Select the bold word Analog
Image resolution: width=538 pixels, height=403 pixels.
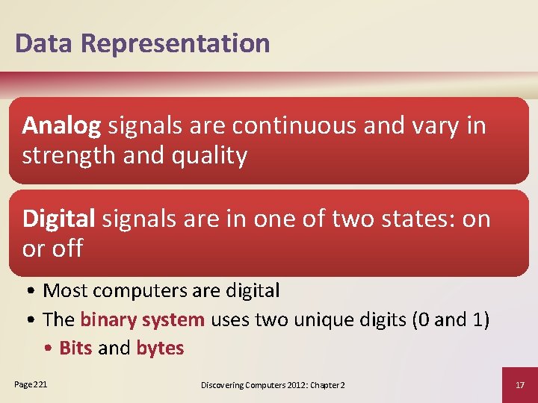(61, 127)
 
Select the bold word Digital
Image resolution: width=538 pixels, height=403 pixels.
(59, 219)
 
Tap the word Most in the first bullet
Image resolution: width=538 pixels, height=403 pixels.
(64, 290)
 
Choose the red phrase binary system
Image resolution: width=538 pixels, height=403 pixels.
(142, 320)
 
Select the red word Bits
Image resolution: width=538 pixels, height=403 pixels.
(75, 349)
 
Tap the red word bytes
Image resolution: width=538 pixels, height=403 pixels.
(160, 349)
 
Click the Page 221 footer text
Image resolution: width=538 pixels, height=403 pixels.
(31, 384)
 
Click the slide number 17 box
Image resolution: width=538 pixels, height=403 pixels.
(520, 385)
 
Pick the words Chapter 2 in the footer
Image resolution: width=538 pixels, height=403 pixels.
(329, 385)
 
